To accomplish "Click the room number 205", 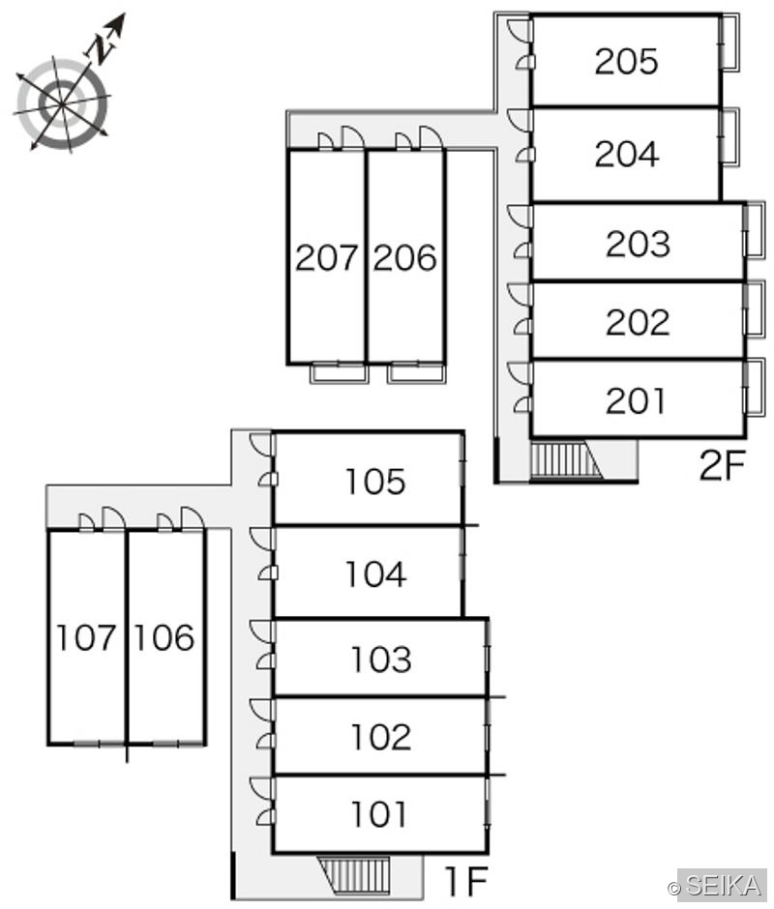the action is [627, 61].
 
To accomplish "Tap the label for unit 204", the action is [627, 154].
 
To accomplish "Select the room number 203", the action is [638, 244].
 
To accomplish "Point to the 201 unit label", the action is [635, 400].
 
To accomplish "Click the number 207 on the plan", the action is [326, 257].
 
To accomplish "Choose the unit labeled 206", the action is [404, 257].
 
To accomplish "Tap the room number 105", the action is [374, 482].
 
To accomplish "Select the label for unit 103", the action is [380, 659].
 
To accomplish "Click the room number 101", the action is [379, 813].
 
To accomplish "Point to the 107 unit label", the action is [86, 637].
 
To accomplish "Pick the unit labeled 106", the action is [164, 637].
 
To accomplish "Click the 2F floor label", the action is [721, 465].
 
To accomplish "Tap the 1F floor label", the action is [465, 880].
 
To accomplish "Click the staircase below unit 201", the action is [566, 460].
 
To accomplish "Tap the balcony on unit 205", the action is [729, 44].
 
